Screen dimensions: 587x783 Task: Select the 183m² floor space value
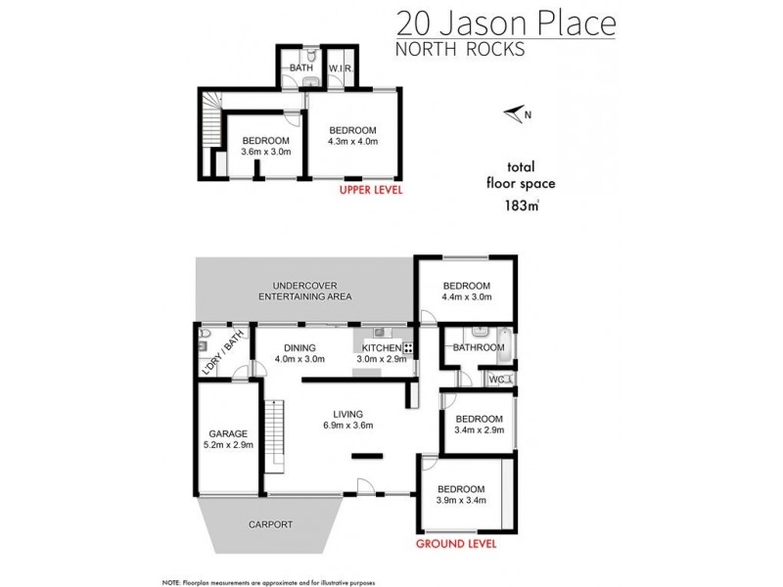520,205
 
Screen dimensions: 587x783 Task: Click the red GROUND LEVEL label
456,543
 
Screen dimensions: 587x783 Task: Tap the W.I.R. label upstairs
341,68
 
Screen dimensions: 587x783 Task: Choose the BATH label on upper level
299,68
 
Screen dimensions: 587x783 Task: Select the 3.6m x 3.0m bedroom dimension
266,152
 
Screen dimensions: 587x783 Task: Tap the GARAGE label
228,433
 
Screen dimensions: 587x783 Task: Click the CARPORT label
270,524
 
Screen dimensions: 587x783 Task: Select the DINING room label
299,347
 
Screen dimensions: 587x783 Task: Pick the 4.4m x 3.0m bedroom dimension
465,296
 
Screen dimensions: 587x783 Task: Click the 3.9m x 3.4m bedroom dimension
461,502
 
